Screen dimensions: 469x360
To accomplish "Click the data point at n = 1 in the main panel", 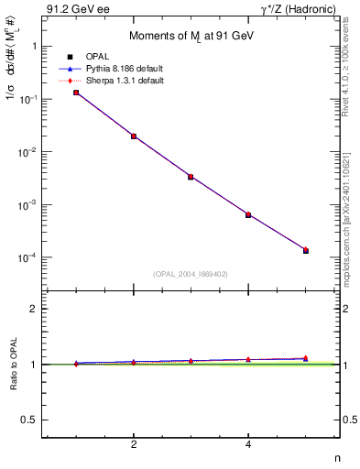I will pyautogui.click(x=76, y=93).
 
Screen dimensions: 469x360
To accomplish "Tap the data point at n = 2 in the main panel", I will pyautogui.click(x=134, y=136).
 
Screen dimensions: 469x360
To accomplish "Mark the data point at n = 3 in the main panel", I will pyautogui.click(x=191, y=177).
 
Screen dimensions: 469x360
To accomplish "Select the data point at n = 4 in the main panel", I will pyautogui.click(x=248, y=214).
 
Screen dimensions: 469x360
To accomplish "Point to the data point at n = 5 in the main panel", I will pyautogui.click(x=306, y=250).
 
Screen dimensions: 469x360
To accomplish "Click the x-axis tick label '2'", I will pyautogui.click(x=134, y=444).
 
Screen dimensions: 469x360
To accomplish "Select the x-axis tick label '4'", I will pyautogui.click(x=248, y=444).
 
